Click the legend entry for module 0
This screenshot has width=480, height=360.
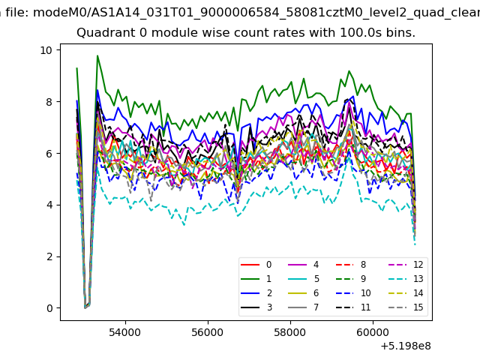click(256, 265)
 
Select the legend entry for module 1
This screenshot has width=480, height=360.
click(256, 278)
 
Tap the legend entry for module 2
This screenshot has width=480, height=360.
click(256, 293)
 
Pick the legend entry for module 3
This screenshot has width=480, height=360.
click(256, 307)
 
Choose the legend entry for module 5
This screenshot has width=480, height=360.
click(304, 278)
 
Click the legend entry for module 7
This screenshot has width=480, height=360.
click(304, 307)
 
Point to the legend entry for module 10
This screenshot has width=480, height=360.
click(353, 293)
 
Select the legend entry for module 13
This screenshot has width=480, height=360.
click(406, 278)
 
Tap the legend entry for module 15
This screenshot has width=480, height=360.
click(406, 307)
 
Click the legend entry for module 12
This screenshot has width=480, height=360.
click(406, 265)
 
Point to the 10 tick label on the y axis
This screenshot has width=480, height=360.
click(46, 50)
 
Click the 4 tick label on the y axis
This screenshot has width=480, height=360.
click(49, 205)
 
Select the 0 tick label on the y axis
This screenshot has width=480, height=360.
click(49, 308)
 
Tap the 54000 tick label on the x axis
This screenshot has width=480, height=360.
click(125, 332)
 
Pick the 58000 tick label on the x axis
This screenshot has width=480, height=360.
click(290, 332)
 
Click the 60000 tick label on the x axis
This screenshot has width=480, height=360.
click(373, 332)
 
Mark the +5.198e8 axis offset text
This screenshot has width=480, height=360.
click(406, 346)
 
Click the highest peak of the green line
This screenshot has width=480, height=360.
click(97, 55)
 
